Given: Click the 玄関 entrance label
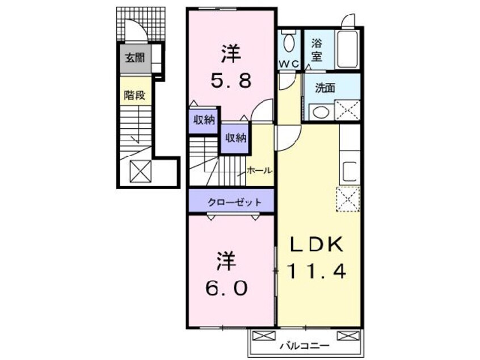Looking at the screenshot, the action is pyautogui.click(x=135, y=57).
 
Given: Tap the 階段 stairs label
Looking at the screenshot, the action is pyautogui.click(x=134, y=95).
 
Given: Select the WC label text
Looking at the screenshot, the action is pyautogui.click(x=289, y=64).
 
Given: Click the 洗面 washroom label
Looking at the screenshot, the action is pyautogui.click(x=325, y=88).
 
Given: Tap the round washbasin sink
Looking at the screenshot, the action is pyautogui.click(x=320, y=112).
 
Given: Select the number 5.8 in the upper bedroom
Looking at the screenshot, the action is pyautogui.click(x=231, y=81).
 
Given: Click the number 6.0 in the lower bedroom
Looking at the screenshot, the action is pyautogui.click(x=226, y=288).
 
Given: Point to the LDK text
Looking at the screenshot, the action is pyautogui.click(x=316, y=245).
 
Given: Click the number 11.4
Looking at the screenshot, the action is pyautogui.click(x=317, y=271).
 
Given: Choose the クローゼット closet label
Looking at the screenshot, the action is pyautogui.click(x=235, y=202).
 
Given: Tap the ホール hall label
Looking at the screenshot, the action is pyautogui.click(x=259, y=170).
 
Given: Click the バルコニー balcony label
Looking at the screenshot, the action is pyautogui.click(x=305, y=346).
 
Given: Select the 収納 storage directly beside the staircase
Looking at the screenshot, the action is pyautogui.click(x=235, y=138).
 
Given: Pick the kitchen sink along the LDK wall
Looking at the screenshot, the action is pyautogui.click(x=350, y=171).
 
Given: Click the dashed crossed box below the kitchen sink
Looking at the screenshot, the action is pyautogui.click(x=348, y=199).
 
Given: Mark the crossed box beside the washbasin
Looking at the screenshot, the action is pyautogui.click(x=347, y=110).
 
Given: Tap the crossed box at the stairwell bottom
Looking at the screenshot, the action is pyautogui.click(x=141, y=171).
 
